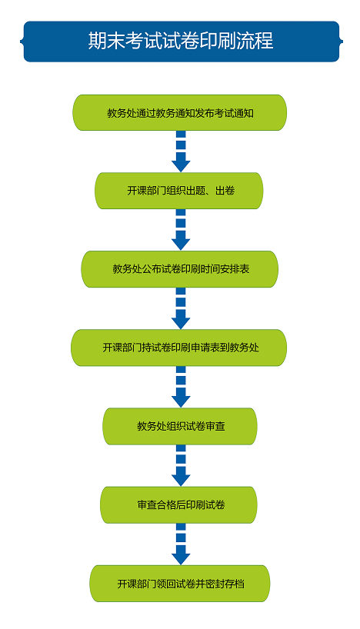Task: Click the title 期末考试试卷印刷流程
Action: [x=181, y=41]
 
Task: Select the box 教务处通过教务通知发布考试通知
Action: [x=180, y=113]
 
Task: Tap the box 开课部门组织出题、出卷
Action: [x=179, y=191]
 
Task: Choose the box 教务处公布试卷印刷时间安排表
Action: [x=180, y=269]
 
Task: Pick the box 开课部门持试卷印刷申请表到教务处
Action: [x=179, y=348]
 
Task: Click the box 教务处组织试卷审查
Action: [x=180, y=426]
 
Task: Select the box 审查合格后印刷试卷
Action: [x=178, y=504]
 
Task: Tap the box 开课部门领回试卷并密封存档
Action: [x=180, y=584]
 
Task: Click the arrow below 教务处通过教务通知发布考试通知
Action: [x=181, y=151]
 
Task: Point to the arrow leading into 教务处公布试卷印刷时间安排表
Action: [x=181, y=230]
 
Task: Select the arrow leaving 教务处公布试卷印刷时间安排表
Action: [x=181, y=308]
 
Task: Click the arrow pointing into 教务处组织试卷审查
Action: [x=181, y=387]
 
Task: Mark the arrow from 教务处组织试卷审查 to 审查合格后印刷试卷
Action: [x=181, y=466]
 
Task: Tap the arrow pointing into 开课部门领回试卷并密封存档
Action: [x=181, y=544]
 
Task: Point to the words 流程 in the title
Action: [x=255, y=41]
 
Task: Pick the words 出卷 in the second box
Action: [x=225, y=191]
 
